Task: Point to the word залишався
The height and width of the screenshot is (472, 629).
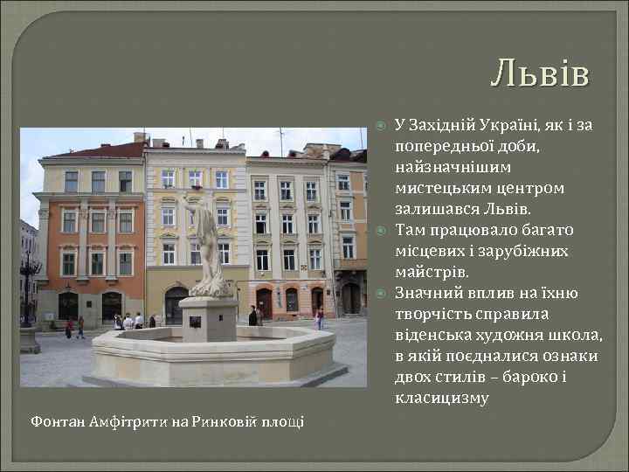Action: (x=432, y=210)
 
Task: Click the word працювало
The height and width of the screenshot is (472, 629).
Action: (x=469, y=231)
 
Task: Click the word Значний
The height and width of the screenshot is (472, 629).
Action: (x=426, y=294)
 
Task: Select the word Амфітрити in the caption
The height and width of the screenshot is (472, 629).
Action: (x=130, y=422)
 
